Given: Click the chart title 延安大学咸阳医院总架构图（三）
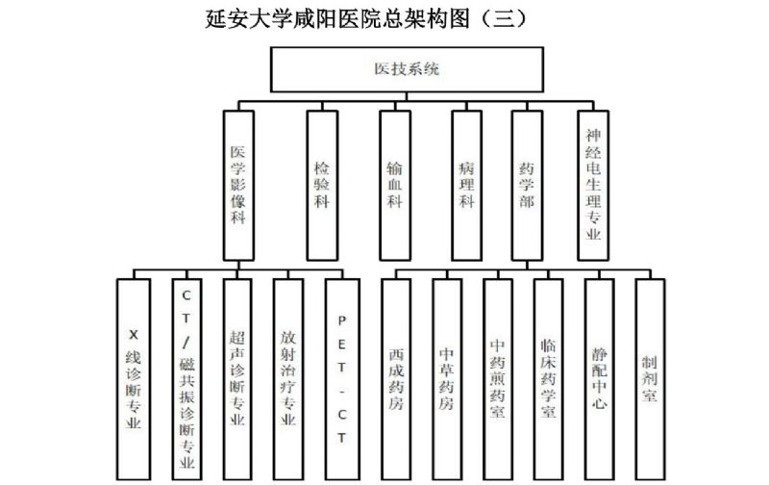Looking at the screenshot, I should coord(366,18).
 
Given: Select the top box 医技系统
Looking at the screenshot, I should coord(408,69).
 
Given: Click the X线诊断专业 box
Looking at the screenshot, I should coord(133,379).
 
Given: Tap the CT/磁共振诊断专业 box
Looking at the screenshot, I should coord(187,379).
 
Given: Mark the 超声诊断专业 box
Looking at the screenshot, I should coord(238,379).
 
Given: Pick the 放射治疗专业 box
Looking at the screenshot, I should coord(289,379).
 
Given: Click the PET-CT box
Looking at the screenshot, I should coord(341,379).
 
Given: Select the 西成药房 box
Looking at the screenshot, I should coord(397,379).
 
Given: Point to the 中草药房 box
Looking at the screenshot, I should coord(447,379).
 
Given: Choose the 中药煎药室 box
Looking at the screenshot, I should coord(498,379).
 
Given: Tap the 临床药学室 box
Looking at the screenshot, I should coord(549,379).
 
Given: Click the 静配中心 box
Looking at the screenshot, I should coord(600,379).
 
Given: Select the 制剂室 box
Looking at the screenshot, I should coord(650,379).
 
